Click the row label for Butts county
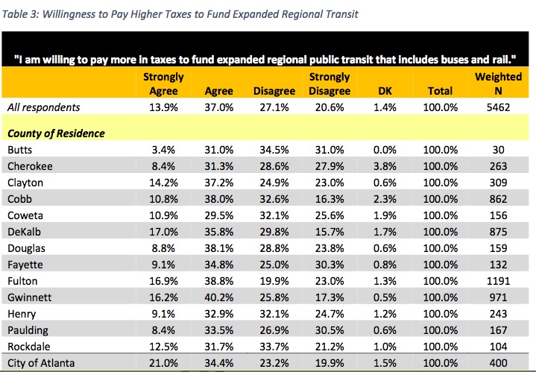[x=19, y=150]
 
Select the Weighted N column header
[x=492, y=83]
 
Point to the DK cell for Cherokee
[x=382, y=166]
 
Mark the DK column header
[x=382, y=91]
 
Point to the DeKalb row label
[x=24, y=232]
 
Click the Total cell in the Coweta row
[x=440, y=215]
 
